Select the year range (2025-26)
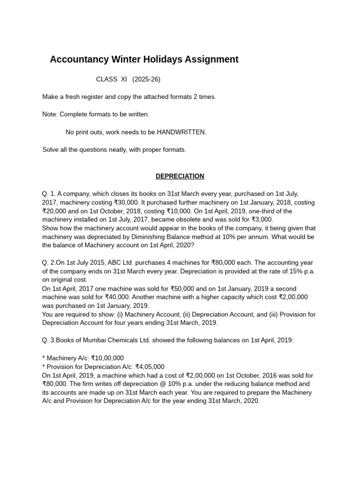click(146, 79)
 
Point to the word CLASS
click(107, 79)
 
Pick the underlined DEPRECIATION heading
click(180, 176)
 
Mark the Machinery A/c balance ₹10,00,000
click(107, 358)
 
